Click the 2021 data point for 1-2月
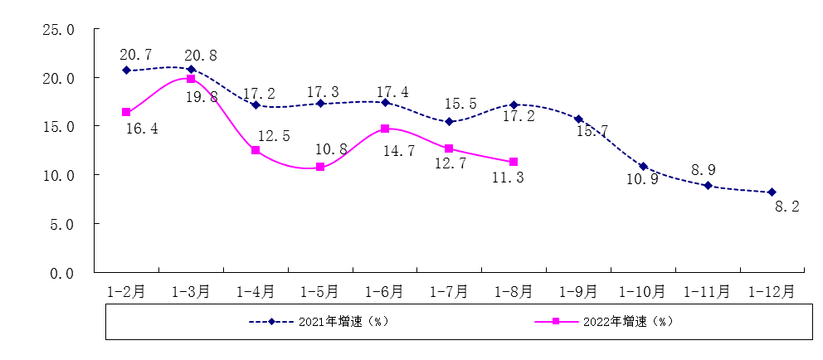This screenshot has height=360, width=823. tap(126, 71)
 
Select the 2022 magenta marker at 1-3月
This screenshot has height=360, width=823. tap(191, 79)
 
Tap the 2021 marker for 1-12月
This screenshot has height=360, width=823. tap(772, 192)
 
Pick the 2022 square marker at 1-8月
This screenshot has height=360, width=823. tap(514, 162)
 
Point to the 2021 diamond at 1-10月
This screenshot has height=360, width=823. tap(643, 166)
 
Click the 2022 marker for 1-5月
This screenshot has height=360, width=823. tap(320, 167)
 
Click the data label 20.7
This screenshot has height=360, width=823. tap(136, 55)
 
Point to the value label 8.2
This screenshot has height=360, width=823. tap(786, 207)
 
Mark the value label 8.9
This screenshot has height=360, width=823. tap(704, 170)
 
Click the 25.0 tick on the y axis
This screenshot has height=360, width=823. tap(59, 30)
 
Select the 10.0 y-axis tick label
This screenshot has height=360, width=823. tap(59, 176)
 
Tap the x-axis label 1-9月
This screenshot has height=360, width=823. tap(578, 292)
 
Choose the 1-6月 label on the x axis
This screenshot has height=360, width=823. tap(384, 292)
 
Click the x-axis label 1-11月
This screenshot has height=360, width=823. tap(707, 292)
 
